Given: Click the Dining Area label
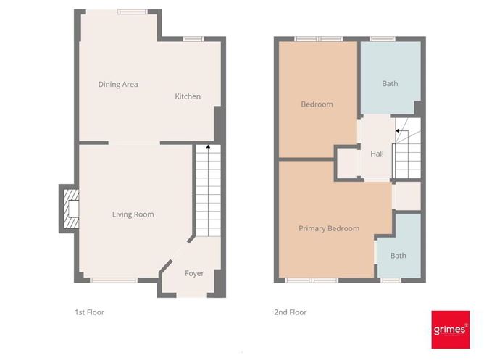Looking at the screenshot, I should [x=118, y=85].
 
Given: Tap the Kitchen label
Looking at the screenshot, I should [x=188, y=96].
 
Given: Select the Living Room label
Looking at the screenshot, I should [x=133, y=214].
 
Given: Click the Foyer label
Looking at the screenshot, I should [x=194, y=273].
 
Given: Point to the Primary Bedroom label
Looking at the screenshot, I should [x=329, y=228].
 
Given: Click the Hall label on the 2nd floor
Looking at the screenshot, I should [x=377, y=154].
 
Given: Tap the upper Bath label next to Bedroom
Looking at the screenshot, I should [x=390, y=84].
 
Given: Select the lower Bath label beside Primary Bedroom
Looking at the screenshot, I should [x=399, y=256].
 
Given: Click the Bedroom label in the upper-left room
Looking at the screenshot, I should [x=317, y=104].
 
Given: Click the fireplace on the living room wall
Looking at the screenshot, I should [x=70, y=209].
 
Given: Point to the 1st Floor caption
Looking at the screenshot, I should [x=90, y=312].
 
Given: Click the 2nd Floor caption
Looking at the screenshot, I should [x=290, y=312].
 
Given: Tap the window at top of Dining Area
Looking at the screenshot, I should [x=133, y=11].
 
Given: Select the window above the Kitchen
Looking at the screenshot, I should [x=193, y=38].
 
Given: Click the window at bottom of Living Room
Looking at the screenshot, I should [x=114, y=280].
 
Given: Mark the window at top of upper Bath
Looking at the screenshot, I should [x=383, y=38].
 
